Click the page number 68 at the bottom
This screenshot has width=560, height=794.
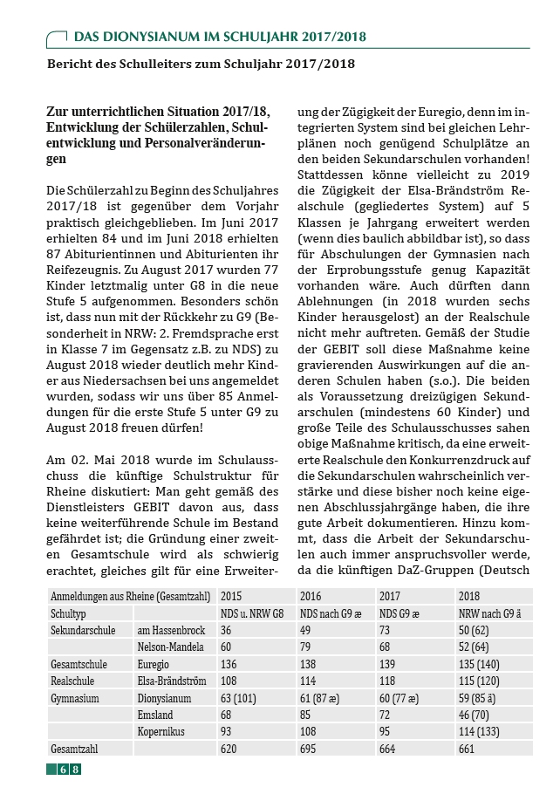coord(70,769)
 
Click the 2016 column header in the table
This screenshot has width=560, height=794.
coord(311,596)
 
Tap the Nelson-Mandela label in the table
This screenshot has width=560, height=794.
coord(171,647)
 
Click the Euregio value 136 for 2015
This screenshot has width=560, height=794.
coord(230,664)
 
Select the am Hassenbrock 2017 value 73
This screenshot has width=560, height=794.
coord(385,630)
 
